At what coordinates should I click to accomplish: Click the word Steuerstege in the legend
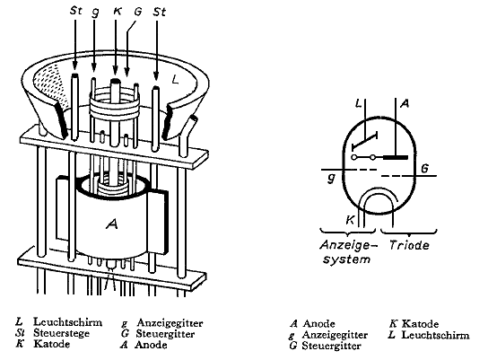click(x=61, y=333)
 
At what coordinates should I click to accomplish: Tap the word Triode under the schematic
click(x=409, y=245)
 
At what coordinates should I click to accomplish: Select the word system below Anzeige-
click(x=346, y=259)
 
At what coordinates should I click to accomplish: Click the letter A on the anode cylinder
click(x=112, y=224)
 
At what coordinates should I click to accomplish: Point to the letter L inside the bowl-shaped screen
click(x=176, y=80)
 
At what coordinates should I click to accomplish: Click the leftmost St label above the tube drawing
click(x=75, y=11)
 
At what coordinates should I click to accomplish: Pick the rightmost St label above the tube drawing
click(x=160, y=12)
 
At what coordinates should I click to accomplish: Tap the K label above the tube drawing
click(x=118, y=11)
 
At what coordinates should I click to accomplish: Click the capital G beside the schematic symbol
click(x=424, y=169)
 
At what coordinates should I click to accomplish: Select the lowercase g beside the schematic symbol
click(x=332, y=178)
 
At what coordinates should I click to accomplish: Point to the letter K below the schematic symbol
click(x=350, y=220)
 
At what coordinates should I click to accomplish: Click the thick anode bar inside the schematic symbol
click(x=396, y=157)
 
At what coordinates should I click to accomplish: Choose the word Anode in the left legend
click(x=151, y=345)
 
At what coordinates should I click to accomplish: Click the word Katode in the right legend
click(x=420, y=323)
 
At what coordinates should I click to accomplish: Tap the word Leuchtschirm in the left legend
click(x=67, y=321)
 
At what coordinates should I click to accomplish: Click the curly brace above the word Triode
click(x=409, y=232)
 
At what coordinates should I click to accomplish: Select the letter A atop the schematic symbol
click(x=405, y=104)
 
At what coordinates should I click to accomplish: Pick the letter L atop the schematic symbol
click(x=359, y=104)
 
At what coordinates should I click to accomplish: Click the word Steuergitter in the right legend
click(x=331, y=346)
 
